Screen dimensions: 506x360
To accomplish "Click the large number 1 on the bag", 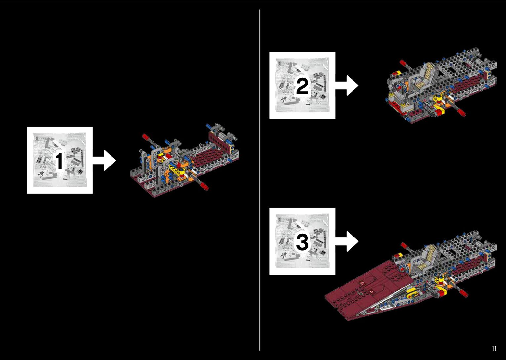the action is pos(59,161).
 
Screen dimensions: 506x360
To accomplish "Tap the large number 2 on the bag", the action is pos(302,87).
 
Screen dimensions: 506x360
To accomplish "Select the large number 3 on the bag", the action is pos(302,242).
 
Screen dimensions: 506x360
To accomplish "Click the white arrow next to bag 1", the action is pos(104,160).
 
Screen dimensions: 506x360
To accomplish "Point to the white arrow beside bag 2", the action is pos(347,85).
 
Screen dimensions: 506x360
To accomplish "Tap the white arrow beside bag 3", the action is pos(347,241).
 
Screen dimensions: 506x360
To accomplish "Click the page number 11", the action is pos(494,348).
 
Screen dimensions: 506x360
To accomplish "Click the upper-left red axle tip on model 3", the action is pos(404,245).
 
